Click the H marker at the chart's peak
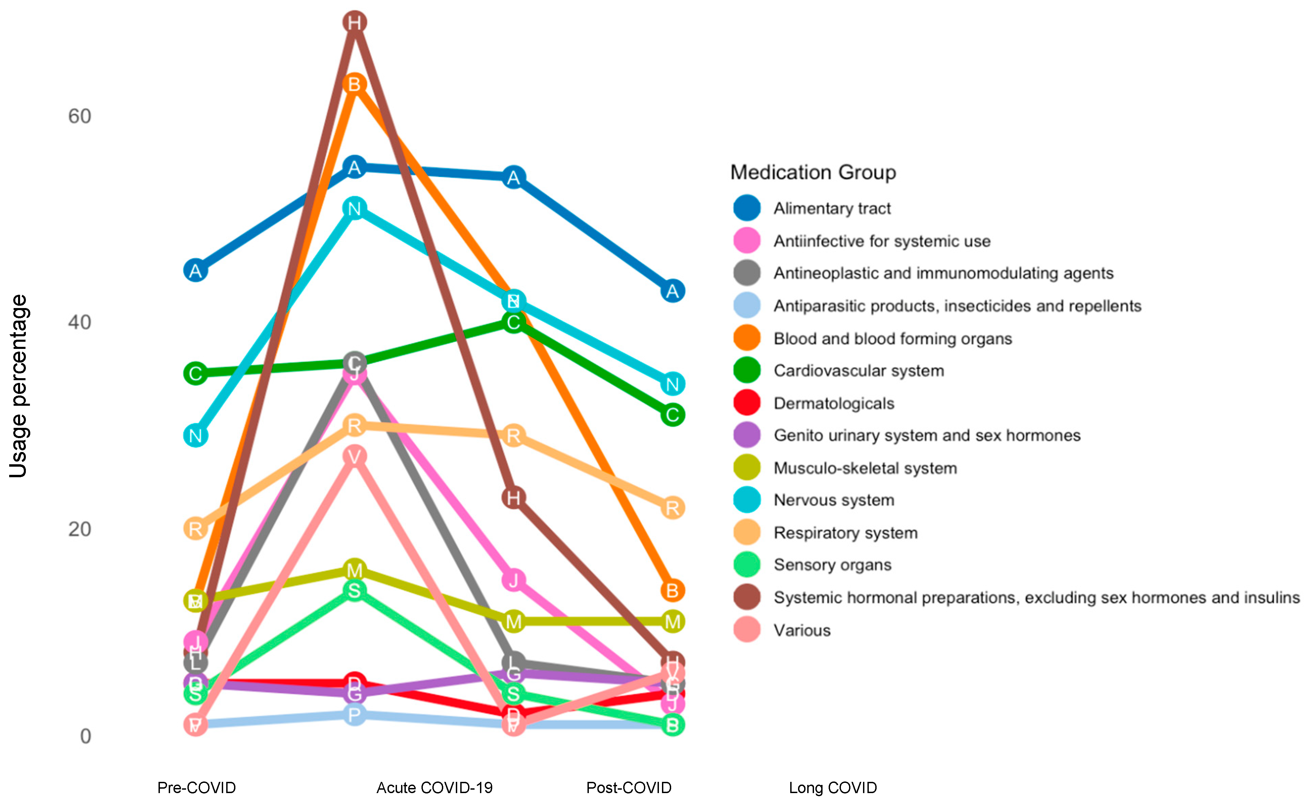point(354,22)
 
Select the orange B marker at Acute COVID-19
point(354,84)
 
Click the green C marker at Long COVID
point(673,415)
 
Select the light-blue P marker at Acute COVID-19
point(354,714)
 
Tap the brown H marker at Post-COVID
point(513,498)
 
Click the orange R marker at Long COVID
point(673,508)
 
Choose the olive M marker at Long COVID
point(673,621)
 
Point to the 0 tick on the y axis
point(85,736)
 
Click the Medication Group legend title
point(812,172)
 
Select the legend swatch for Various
point(747,630)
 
